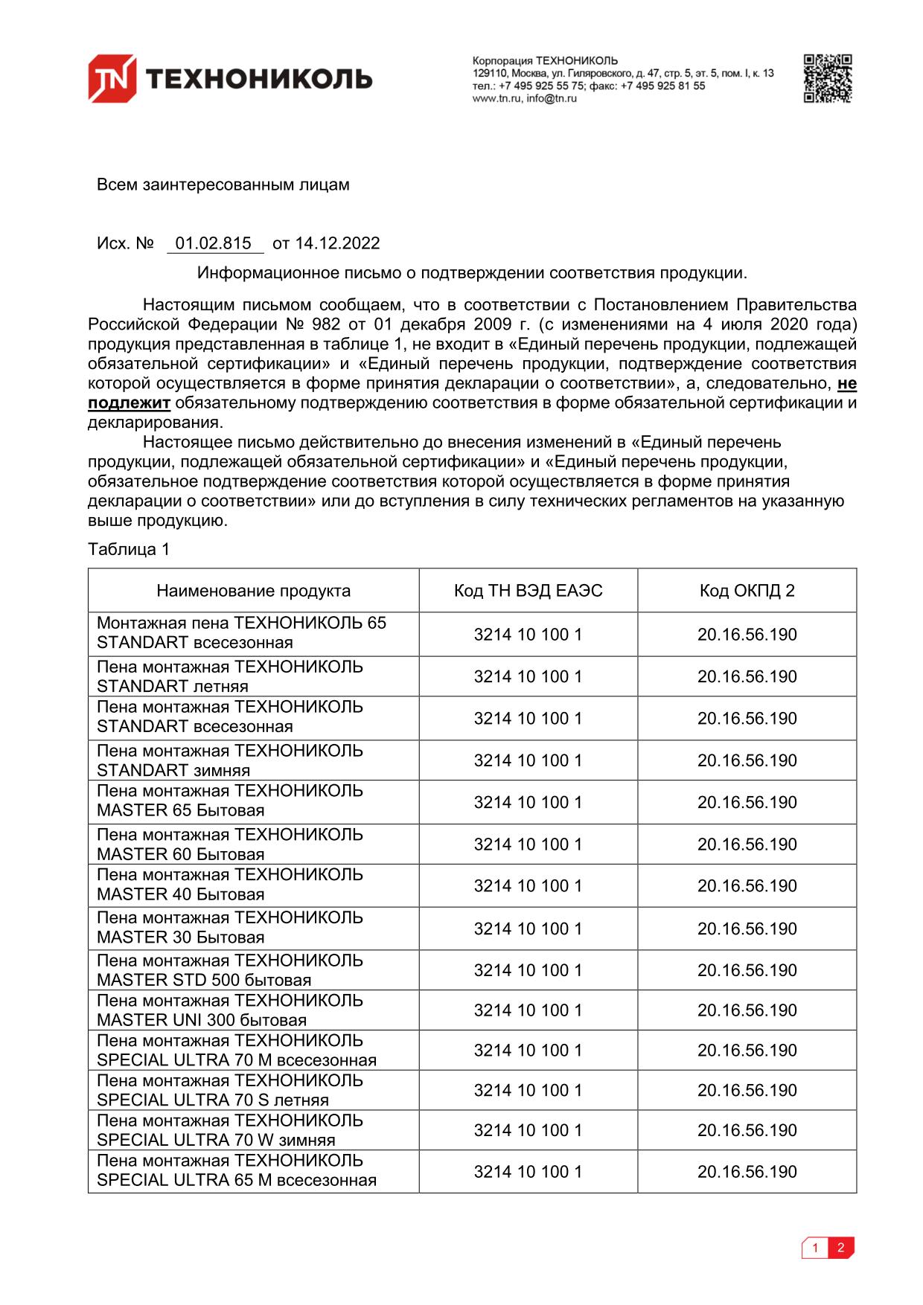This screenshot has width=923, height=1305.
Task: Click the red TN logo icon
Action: click(x=112, y=78)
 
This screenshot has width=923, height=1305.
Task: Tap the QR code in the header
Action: click(x=827, y=78)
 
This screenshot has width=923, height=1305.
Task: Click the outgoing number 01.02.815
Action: click(x=214, y=243)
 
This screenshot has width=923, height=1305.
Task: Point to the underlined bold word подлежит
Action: click(x=130, y=403)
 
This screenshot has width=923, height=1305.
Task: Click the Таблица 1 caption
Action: click(x=129, y=549)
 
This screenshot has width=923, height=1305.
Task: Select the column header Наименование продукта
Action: click(x=253, y=591)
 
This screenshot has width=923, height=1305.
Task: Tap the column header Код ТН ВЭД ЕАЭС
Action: click(x=528, y=591)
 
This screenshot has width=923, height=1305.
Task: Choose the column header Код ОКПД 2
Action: click(x=747, y=591)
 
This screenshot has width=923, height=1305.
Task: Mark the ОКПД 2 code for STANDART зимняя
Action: click(x=747, y=760)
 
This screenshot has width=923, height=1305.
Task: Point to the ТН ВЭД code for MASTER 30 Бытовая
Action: click(x=528, y=929)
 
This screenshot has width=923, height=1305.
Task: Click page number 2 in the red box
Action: click(x=841, y=1248)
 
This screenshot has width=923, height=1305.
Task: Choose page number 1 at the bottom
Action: click(x=816, y=1248)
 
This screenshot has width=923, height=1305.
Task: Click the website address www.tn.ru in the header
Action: click(x=496, y=98)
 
